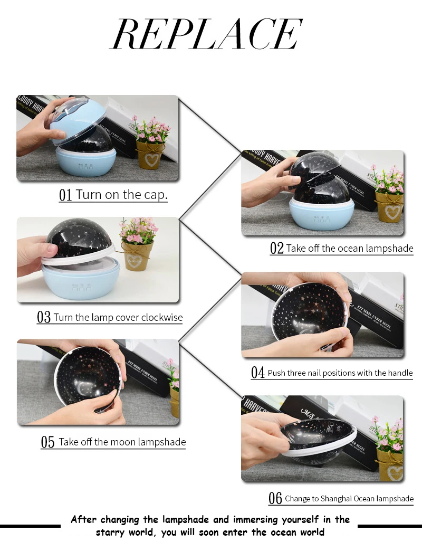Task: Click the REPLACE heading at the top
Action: click(206, 34)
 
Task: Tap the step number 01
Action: click(65, 195)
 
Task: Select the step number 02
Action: click(276, 248)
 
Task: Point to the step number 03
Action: click(44, 317)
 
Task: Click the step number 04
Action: click(257, 373)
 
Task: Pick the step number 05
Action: click(47, 442)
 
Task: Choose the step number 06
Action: click(275, 498)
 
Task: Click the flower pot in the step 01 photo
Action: click(150, 154)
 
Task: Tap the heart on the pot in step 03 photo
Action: click(133, 259)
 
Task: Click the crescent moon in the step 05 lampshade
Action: click(82, 388)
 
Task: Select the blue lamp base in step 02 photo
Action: click(321, 214)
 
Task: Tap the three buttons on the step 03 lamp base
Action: click(82, 288)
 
